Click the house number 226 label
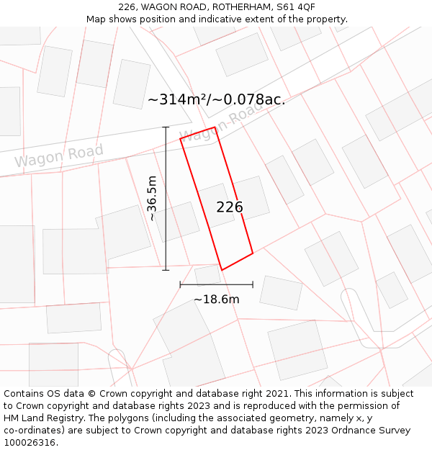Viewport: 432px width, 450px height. coord(230,207)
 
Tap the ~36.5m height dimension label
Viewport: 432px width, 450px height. coord(152,198)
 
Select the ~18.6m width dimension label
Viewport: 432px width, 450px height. coord(216,299)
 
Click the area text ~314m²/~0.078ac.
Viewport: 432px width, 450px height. coord(217,99)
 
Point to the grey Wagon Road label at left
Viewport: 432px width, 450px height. coord(59,156)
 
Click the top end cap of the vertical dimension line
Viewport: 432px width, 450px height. coord(166,127)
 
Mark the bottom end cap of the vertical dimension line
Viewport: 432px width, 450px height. coord(166,270)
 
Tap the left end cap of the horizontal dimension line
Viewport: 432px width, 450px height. coord(180,285)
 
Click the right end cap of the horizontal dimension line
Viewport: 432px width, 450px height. coord(253,285)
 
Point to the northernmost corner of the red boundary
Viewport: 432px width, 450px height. coord(215,127)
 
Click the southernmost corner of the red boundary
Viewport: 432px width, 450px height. coord(222,270)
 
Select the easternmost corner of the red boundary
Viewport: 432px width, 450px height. coord(253,253)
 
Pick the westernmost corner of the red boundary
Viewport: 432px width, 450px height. coord(180,138)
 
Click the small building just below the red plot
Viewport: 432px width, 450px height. coord(207,275)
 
